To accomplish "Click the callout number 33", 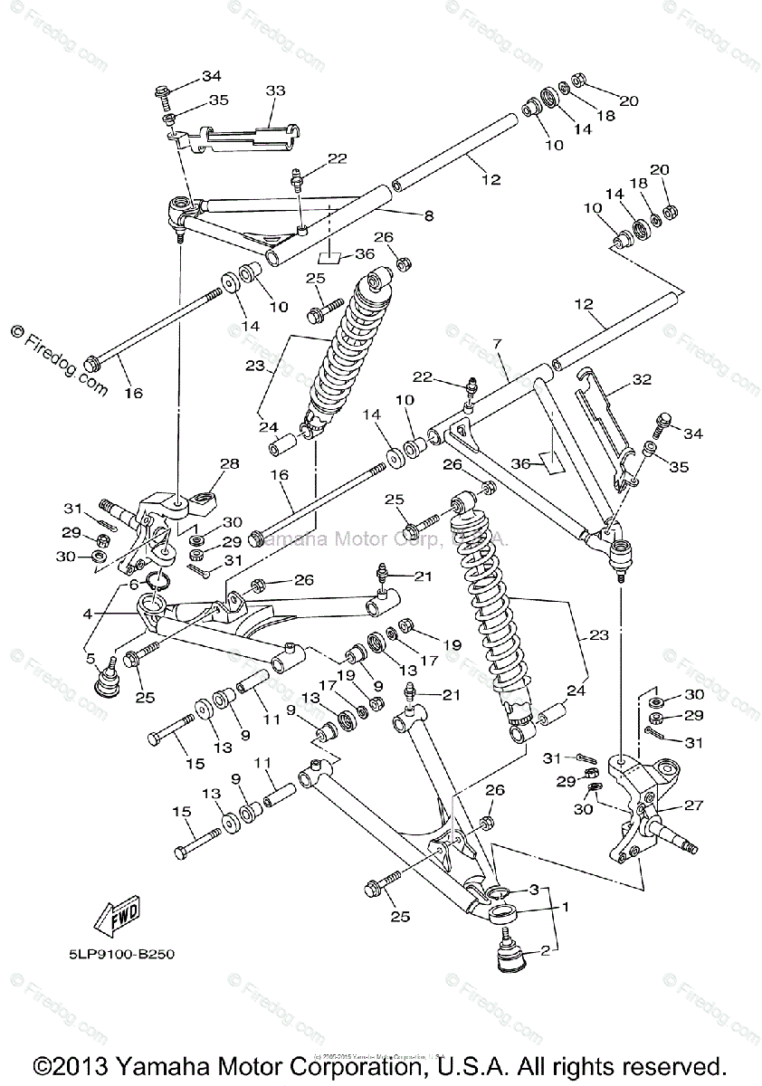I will pyautogui.click(x=275, y=90).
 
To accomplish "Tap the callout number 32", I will pyautogui.click(x=642, y=379).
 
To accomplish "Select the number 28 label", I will pyautogui.click(x=229, y=464).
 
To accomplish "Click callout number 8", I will pyautogui.click(x=428, y=215).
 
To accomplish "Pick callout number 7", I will pyautogui.click(x=496, y=345).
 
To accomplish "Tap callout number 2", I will pyautogui.click(x=546, y=950).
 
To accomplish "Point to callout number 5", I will pyautogui.click(x=90, y=658).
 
